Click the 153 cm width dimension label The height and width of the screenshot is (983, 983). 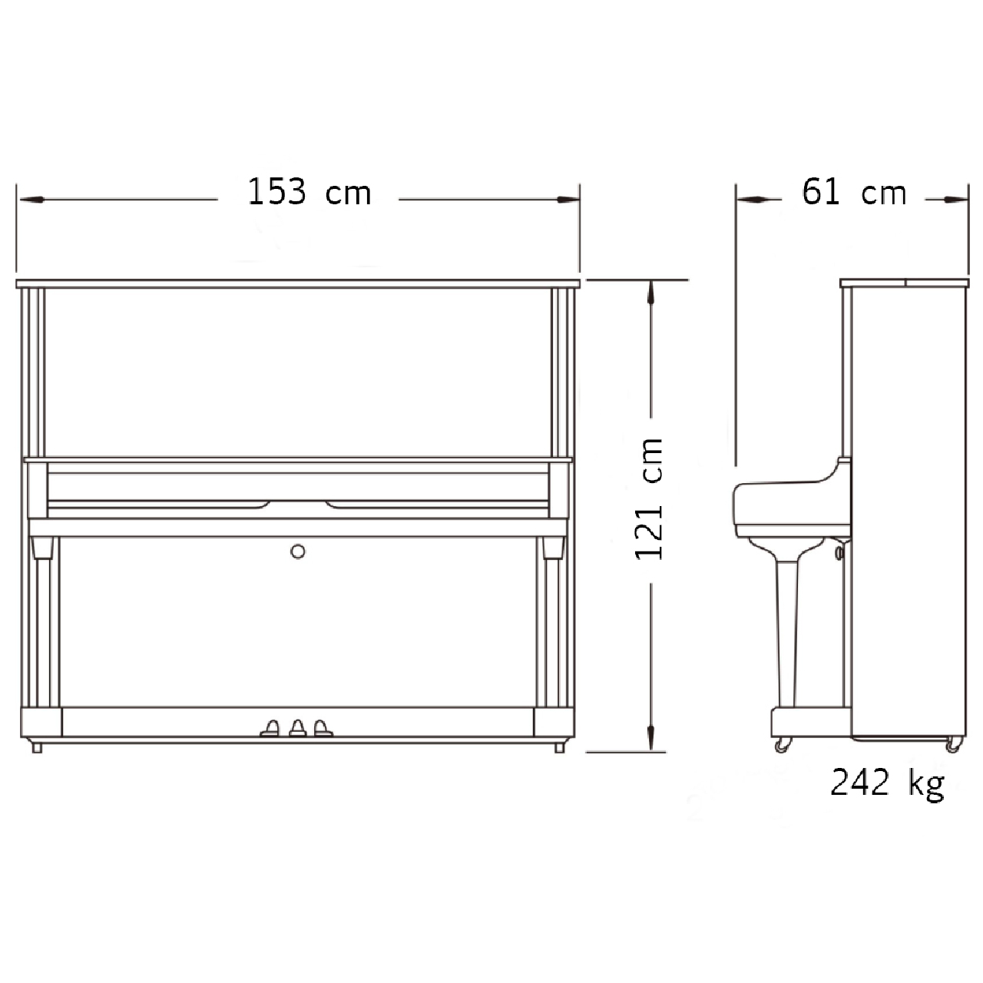point(309,193)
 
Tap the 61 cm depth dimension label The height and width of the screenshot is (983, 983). point(854,193)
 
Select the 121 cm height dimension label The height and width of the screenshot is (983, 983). point(649,499)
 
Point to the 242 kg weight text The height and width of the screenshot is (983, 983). point(888,783)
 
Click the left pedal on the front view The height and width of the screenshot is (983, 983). point(270,728)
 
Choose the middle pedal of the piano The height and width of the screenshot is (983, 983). point(298,728)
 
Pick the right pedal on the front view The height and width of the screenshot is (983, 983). point(323,728)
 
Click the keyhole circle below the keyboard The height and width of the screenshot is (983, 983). point(298,551)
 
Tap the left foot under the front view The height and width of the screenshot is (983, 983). point(37,747)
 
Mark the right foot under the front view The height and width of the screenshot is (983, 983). point(560,747)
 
